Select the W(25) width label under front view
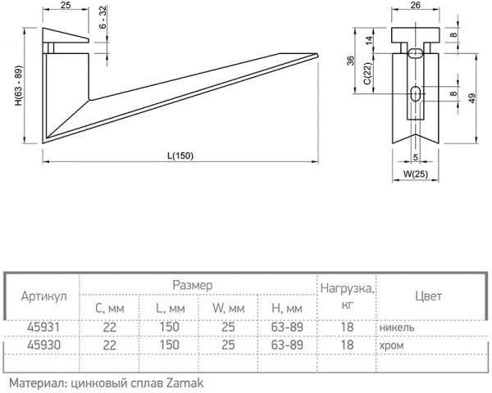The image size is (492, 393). (416, 174)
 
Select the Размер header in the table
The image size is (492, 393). (193, 285)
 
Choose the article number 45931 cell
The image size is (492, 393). (43, 327)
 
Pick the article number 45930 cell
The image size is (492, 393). (43, 345)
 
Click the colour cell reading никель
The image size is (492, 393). (398, 327)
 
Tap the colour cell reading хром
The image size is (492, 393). (392, 345)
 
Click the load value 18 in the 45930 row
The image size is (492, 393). (347, 345)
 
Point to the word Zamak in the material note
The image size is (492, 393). (184, 382)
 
